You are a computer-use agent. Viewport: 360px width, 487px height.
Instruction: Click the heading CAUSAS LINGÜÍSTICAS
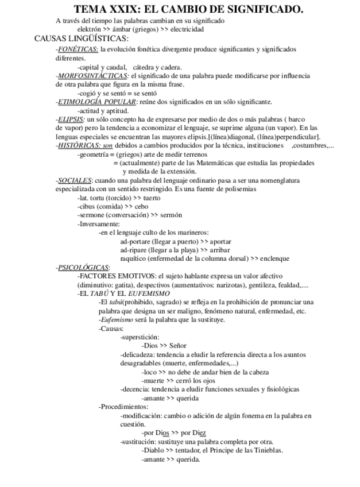(x=81, y=38)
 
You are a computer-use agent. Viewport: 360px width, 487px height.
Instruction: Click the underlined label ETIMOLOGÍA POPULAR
(x=98, y=102)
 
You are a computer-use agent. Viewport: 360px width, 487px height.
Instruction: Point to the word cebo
(x=142, y=206)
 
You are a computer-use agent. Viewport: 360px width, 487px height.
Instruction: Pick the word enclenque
(x=273, y=258)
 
